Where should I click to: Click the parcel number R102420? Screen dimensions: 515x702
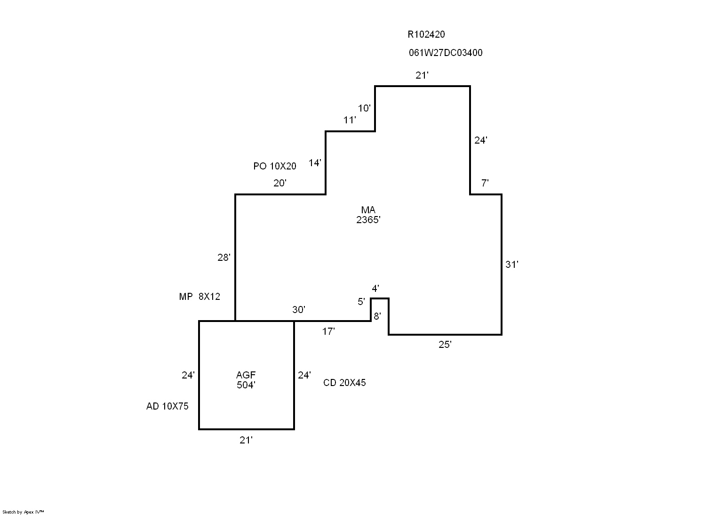click(426, 34)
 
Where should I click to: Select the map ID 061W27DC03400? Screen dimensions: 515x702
click(445, 53)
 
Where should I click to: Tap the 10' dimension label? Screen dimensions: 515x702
click(364, 108)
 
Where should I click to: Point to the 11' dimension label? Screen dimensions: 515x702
click(350, 120)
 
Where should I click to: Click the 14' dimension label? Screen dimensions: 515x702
click(315, 163)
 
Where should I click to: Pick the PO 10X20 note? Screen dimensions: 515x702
click(275, 166)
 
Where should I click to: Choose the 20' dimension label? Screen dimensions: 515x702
click(280, 183)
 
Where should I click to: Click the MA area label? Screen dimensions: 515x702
click(368, 210)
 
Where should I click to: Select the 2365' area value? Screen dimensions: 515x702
click(368, 220)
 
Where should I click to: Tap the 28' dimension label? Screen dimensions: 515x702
click(224, 257)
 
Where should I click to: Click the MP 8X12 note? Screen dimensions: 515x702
click(199, 297)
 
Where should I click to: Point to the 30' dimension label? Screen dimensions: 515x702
click(299, 310)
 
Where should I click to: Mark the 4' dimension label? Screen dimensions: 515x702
click(375, 288)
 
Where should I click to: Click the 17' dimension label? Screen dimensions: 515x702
click(328, 331)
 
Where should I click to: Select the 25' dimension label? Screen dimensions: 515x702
click(445, 345)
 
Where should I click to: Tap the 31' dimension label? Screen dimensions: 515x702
click(512, 265)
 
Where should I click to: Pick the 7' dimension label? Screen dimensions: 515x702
click(485, 183)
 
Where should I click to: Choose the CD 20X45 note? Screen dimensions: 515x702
click(344, 383)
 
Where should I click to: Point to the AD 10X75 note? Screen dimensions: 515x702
click(168, 406)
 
